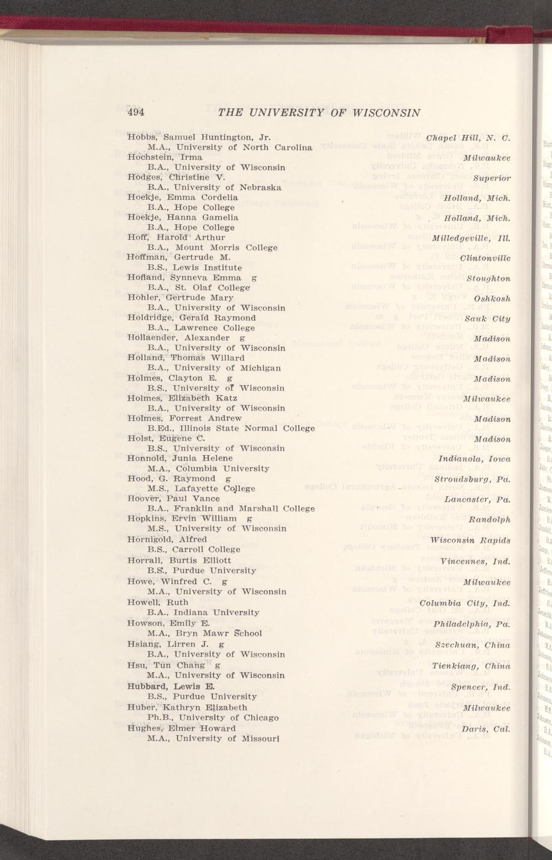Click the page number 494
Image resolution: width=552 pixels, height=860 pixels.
tap(136, 113)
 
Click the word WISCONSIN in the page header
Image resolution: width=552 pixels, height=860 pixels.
tap(386, 113)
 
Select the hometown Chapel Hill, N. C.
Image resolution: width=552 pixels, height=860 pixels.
tap(469, 137)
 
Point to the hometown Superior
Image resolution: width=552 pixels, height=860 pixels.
tap(492, 178)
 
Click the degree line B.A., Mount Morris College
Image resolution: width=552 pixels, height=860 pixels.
tap(212, 247)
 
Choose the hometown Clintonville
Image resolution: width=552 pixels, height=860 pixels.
tap(485, 258)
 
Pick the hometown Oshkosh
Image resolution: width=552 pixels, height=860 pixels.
tap(492, 299)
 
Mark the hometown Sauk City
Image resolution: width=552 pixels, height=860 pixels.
tap(487, 319)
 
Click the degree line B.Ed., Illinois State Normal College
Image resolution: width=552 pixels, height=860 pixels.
tap(231, 428)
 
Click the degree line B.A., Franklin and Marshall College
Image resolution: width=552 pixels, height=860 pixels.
tap(231, 509)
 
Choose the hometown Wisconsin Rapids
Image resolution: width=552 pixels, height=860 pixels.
tap(470, 540)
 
